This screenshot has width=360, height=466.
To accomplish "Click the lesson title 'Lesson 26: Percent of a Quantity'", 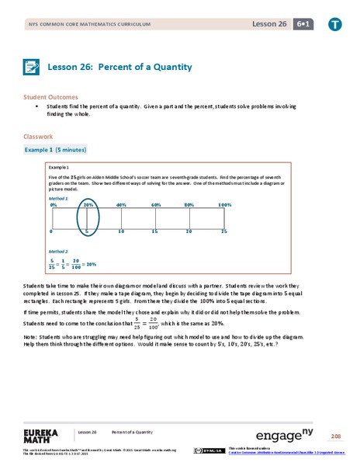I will pyautogui.click(x=119, y=67).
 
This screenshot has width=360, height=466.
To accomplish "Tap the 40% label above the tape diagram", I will pyautogui.click(x=121, y=204).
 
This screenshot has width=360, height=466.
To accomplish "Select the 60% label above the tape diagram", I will pyautogui.click(x=156, y=204).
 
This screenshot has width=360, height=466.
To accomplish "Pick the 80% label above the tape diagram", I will pyautogui.click(x=189, y=204).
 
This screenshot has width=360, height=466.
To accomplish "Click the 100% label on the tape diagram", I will pyautogui.click(x=224, y=204).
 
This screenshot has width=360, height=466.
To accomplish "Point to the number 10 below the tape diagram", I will pyautogui.click(x=121, y=231).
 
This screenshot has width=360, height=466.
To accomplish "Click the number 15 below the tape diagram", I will pyautogui.click(x=155, y=231).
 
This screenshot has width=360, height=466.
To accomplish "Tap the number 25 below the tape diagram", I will pyautogui.click(x=224, y=231).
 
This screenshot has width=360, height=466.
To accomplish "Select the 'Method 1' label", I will pyautogui.click(x=58, y=199).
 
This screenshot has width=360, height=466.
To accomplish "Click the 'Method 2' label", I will pyautogui.click(x=58, y=252).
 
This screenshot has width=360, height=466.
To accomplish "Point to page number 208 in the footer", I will pyautogui.click(x=336, y=436).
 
